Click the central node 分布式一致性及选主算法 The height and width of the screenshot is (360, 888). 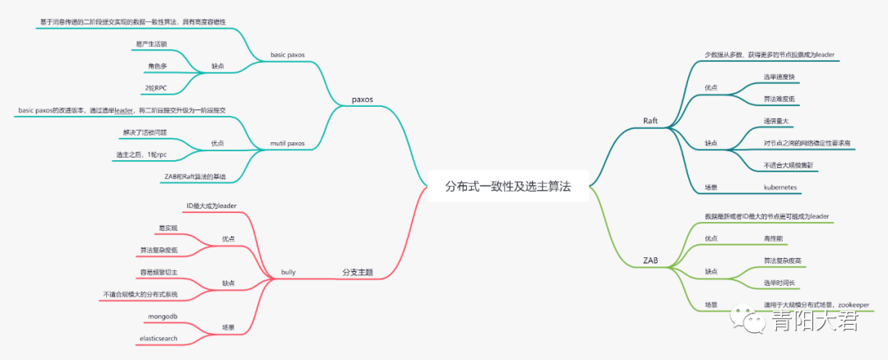[x=507, y=187]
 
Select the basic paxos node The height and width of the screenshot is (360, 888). [x=287, y=55]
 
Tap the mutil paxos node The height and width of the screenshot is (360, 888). [x=287, y=143]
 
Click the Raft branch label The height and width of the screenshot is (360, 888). [x=650, y=121]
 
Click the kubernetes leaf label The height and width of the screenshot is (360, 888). [x=783, y=187]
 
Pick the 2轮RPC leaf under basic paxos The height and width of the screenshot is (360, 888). [x=156, y=86]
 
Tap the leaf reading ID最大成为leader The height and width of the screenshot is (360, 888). [x=211, y=205]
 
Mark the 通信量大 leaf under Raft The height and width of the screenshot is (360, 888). [x=778, y=121]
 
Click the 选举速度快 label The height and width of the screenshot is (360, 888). [x=779, y=77]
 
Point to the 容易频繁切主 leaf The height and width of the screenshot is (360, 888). [x=159, y=271]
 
